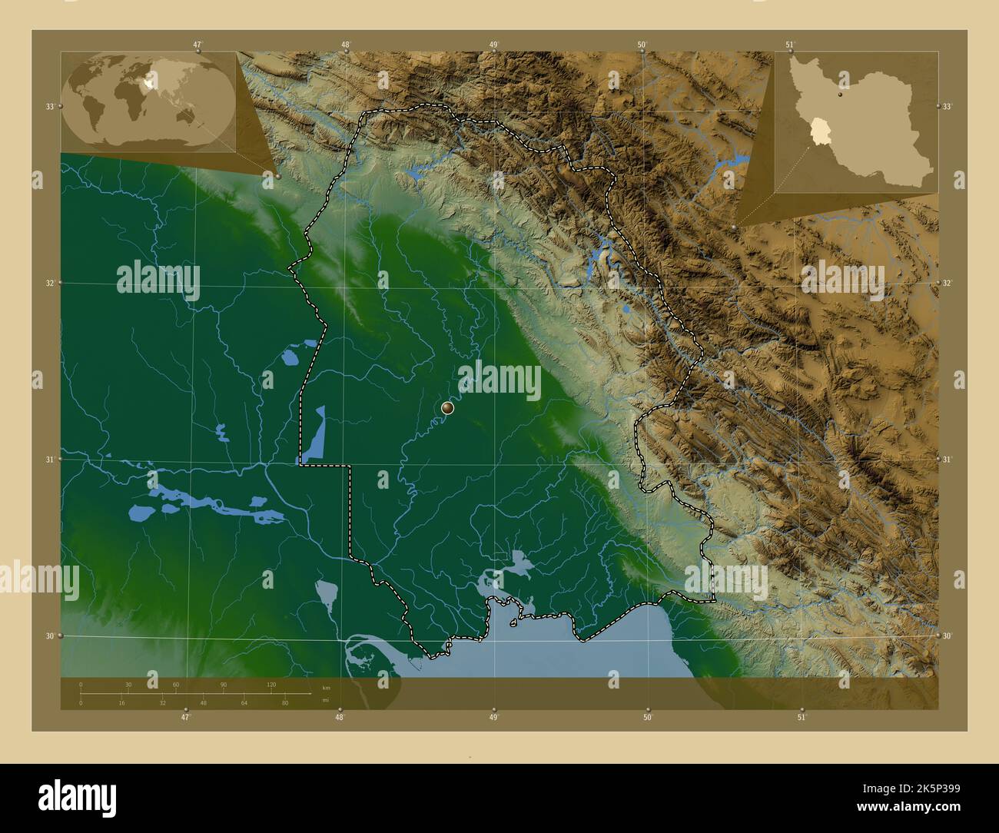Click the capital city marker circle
tap(448, 408)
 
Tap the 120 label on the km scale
tap(271, 684)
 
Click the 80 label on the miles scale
tap(285, 702)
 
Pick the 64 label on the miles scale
tap(244, 702)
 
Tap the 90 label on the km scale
tap(224, 684)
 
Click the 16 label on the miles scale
tap(121, 702)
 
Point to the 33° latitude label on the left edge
tap(49, 106)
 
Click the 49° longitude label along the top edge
tap(494, 45)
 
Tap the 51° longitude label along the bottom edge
tap(802, 717)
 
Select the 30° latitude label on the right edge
tap(947, 636)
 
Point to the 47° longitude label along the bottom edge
tap(185, 717)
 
